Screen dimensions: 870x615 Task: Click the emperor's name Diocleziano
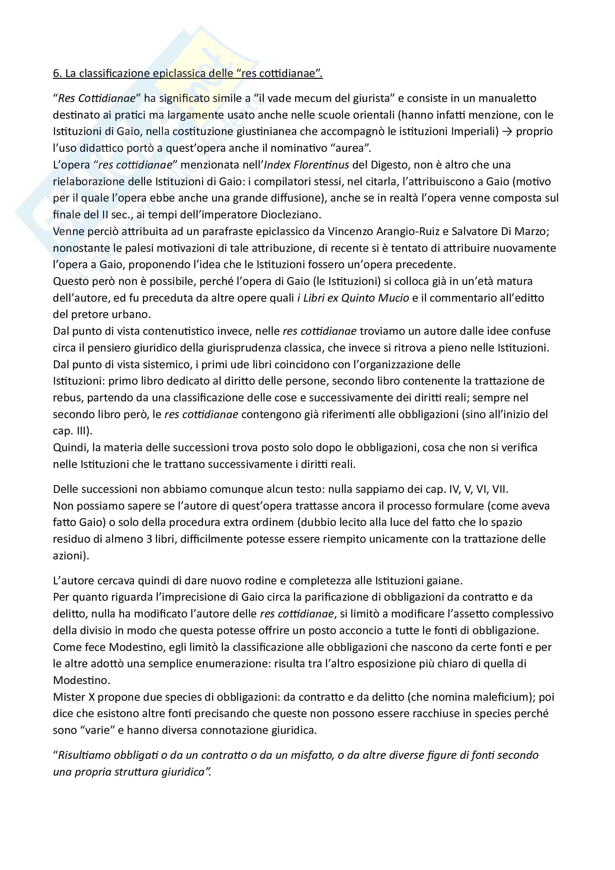[290, 215]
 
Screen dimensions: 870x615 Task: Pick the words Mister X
[74, 697]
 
